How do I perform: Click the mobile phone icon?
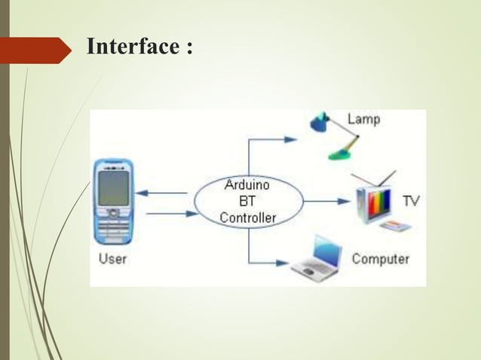coord(113,201)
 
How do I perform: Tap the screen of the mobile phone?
coord(113,188)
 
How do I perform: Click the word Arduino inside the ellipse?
coord(248,185)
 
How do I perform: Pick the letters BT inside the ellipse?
coord(247,202)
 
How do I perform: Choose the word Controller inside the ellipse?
coord(248,218)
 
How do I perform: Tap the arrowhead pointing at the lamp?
coord(292,139)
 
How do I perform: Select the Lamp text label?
coord(363,120)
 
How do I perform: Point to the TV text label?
coord(411,201)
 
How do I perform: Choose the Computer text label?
coord(381,260)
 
